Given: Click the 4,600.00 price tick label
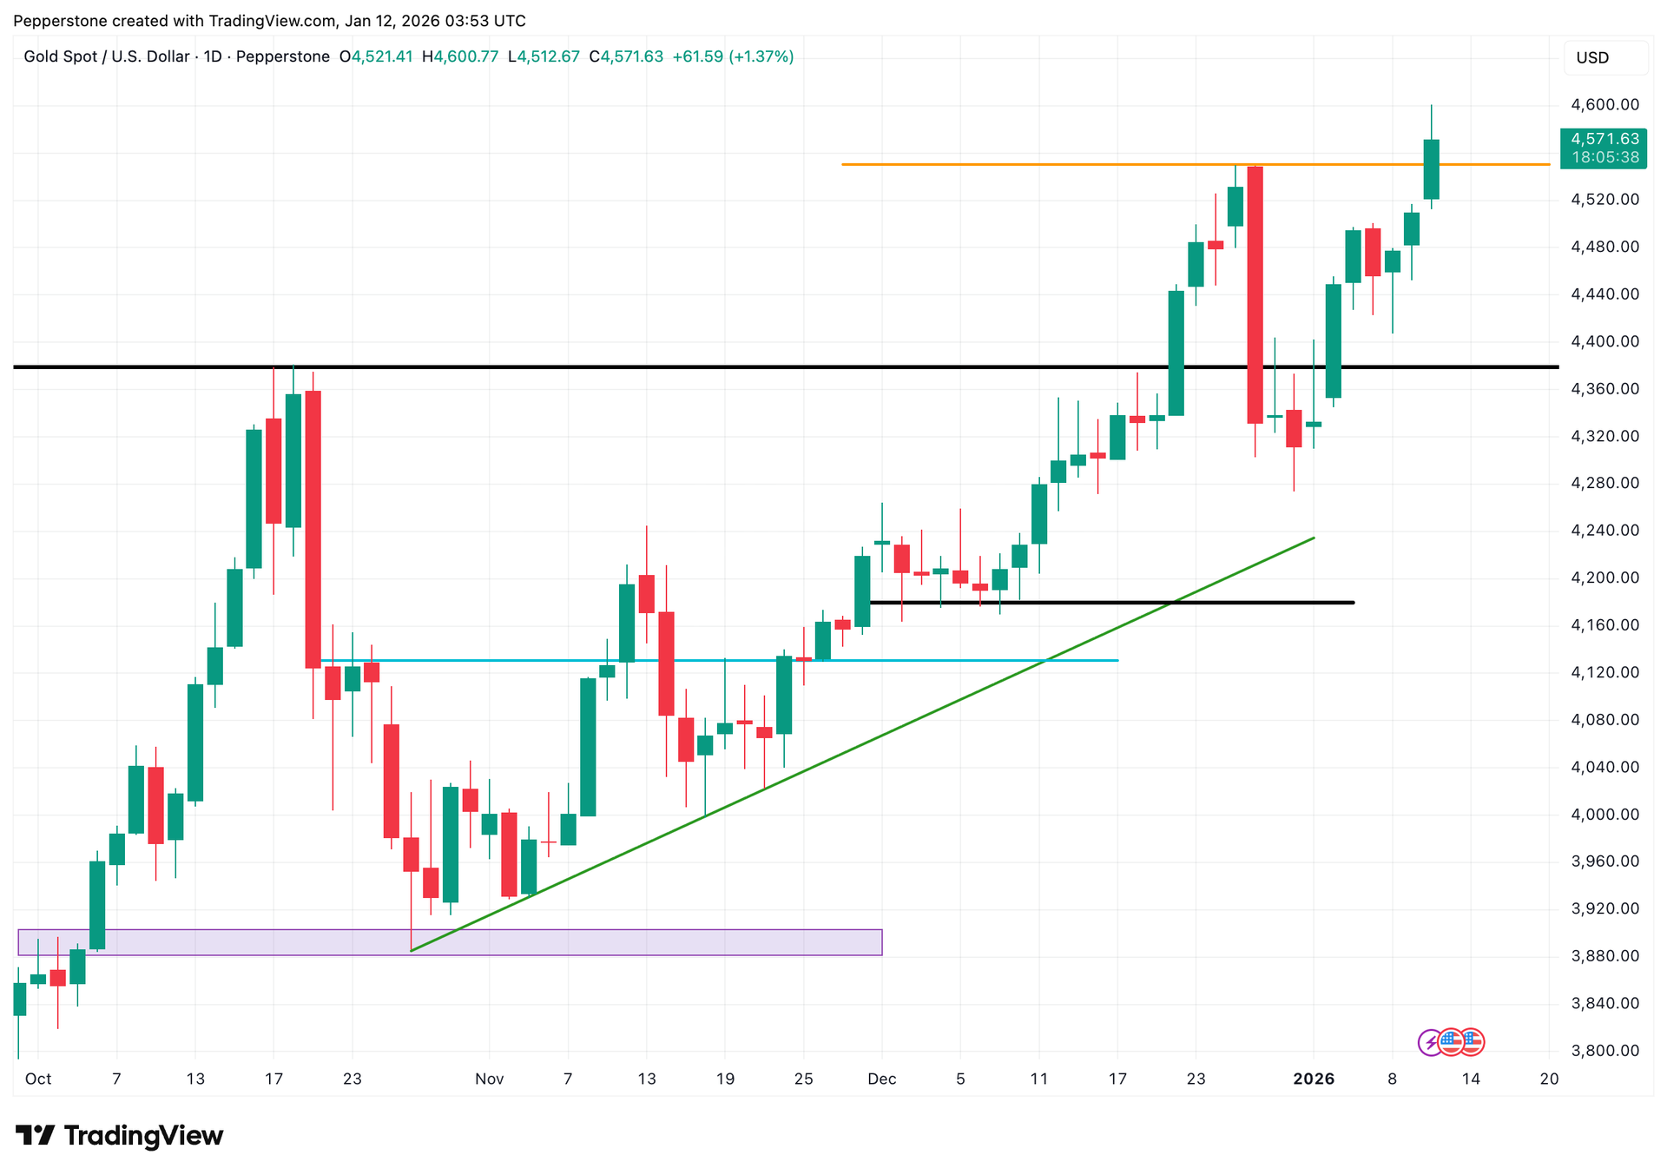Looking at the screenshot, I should coord(1604,105).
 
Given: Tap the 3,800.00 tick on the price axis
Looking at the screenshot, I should coord(1604,1051).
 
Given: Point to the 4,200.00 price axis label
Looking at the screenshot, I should coord(1604,578).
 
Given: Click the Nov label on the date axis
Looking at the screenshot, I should coord(489,1079).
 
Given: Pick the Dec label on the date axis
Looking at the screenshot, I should coord(881,1079).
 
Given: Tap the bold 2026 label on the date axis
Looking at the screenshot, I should coord(1314,1079).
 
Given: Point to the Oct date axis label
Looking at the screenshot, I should coord(38,1079).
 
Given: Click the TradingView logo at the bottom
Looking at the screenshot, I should coord(120,1136).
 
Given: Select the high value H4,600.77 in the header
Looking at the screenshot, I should coord(460,57).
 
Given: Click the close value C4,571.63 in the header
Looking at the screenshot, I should coord(626,57).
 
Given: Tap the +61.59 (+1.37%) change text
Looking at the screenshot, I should coord(733,57).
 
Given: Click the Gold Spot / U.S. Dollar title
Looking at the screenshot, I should coord(106,57).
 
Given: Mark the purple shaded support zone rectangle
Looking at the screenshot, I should coord(450,942).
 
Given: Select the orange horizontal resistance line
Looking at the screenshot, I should coord(1042,164).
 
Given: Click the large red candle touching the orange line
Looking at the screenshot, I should coord(1255,295).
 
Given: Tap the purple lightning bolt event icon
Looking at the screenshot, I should coord(1430,1042).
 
